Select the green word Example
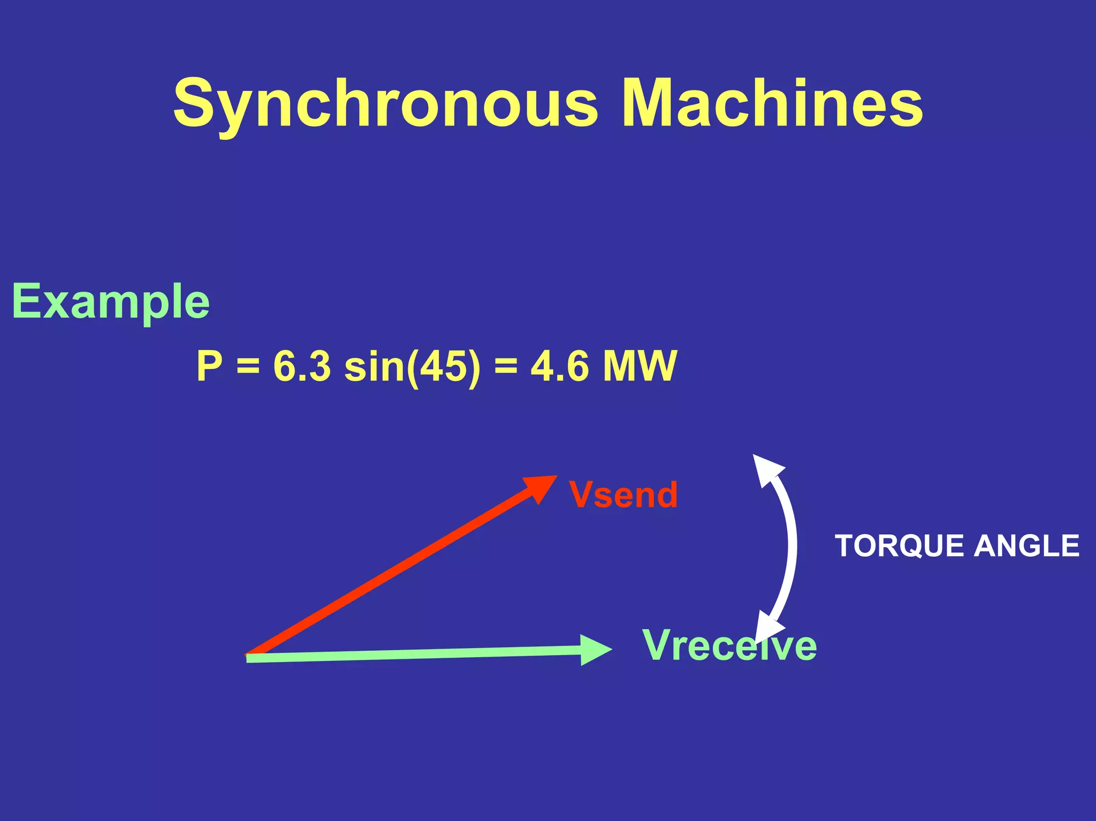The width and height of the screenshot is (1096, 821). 111,302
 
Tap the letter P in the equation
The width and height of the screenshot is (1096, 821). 209,366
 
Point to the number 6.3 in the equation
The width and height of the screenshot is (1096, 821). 302,366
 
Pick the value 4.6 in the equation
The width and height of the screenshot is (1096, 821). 559,366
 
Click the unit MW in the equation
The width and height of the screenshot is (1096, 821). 640,366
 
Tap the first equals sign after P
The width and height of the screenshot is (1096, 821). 248,367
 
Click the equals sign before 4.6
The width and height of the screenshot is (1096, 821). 506,367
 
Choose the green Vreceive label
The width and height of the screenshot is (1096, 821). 729,645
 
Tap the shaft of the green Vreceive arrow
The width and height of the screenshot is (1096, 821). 412,654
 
